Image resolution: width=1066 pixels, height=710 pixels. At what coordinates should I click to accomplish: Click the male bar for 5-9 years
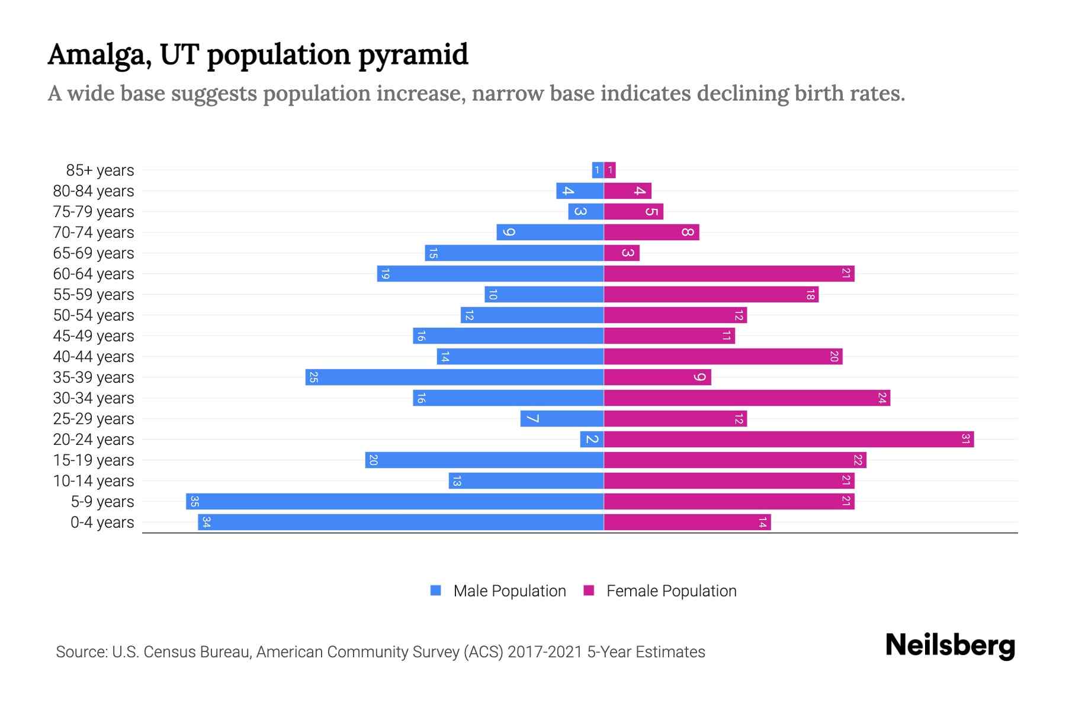point(394,501)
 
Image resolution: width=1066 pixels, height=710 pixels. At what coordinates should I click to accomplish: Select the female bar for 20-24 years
point(788,439)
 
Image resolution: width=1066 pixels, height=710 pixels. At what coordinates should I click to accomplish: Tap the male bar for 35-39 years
point(454,377)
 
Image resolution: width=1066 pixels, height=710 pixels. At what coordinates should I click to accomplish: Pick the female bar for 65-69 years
point(621,253)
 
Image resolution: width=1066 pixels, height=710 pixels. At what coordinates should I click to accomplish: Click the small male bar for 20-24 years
point(592,439)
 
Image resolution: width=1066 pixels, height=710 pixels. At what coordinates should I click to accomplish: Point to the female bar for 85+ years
point(610,170)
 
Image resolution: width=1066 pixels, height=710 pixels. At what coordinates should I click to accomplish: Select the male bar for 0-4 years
point(400,522)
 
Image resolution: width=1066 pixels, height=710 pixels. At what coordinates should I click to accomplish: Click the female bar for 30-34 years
point(746,398)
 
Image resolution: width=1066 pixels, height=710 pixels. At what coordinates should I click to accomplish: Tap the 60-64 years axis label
point(94,274)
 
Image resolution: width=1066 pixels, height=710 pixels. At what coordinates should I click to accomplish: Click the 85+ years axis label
point(99,170)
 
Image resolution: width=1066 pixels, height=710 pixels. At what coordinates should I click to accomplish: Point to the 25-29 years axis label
point(94,419)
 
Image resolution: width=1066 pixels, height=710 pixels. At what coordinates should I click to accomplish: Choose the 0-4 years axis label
point(102,522)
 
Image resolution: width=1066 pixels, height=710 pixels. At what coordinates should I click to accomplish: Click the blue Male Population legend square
point(436,590)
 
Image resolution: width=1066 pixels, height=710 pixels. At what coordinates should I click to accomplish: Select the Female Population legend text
point(671,591)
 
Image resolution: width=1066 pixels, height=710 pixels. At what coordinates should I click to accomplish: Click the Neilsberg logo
point(950,646)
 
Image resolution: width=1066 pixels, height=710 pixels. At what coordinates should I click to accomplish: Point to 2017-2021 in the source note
point(544,652)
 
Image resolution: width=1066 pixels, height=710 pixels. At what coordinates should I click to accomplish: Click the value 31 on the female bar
point(965,439)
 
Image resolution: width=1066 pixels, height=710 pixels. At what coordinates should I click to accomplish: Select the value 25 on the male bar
point(314,377)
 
